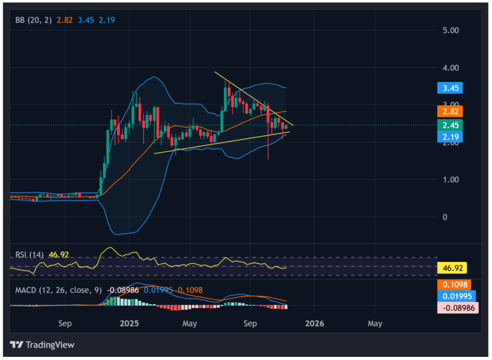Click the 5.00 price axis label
click(x=451, y=30)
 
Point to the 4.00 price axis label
click(x=451, y=68)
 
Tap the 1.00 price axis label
click(x=451, y=180)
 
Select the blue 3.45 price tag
click(x=450, y=88)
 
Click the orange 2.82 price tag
click(x=450, y=112)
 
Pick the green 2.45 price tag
click(x=450, y=125)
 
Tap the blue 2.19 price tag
click(x=450, y=137)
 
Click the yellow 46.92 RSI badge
click(x=452, y=268)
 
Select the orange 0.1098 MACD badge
click(x=455, y=285)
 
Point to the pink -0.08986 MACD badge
click(x=458, y=308)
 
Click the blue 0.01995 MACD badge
click(x=457, y=296)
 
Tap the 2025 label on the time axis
click(x=129, y=324)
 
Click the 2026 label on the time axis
click(x=314, y=324)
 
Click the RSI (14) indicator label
click(x=29, y=255)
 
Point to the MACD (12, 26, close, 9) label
click(x=58, y=290)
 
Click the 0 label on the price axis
click(x=445, y=217)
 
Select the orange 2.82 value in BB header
click(x=65, y=20)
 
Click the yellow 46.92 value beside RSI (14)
click(x=58, y=255)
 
